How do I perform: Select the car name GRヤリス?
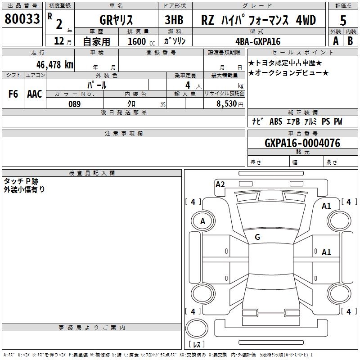(116, 20)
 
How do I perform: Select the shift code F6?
(13, 94)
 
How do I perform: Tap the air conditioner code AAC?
(34, 94)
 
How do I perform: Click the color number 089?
(74, 104)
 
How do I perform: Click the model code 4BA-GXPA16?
(258, 41)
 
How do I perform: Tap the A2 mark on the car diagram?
(220, 184)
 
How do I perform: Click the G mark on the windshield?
(257, 237)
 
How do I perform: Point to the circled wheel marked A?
(202, 221)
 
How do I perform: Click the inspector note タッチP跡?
(21, 181)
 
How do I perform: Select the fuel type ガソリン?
(175, 41)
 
